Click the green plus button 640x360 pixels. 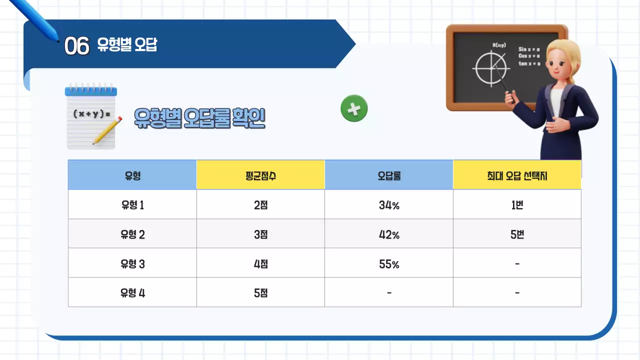[354, 108]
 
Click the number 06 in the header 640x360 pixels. [76, 46]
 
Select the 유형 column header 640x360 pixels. [132, 175]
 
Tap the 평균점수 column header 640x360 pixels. [260, 175]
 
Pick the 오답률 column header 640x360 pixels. [389, 175]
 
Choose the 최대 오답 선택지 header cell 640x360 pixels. [517, 175]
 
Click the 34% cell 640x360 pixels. [389, 204]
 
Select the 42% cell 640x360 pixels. [389, 234]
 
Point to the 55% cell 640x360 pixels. [389, 263]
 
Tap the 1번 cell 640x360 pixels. [517, 204]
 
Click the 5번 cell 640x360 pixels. [517, 234]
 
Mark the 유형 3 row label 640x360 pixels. [132, 263]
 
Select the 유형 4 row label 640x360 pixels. [132, 293]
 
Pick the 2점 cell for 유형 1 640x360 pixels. [260, 204]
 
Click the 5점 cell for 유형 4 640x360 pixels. [260, 293]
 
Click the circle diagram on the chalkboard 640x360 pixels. [490, 67]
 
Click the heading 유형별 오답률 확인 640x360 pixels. [199, 118]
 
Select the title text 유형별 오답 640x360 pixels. [127, 46]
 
